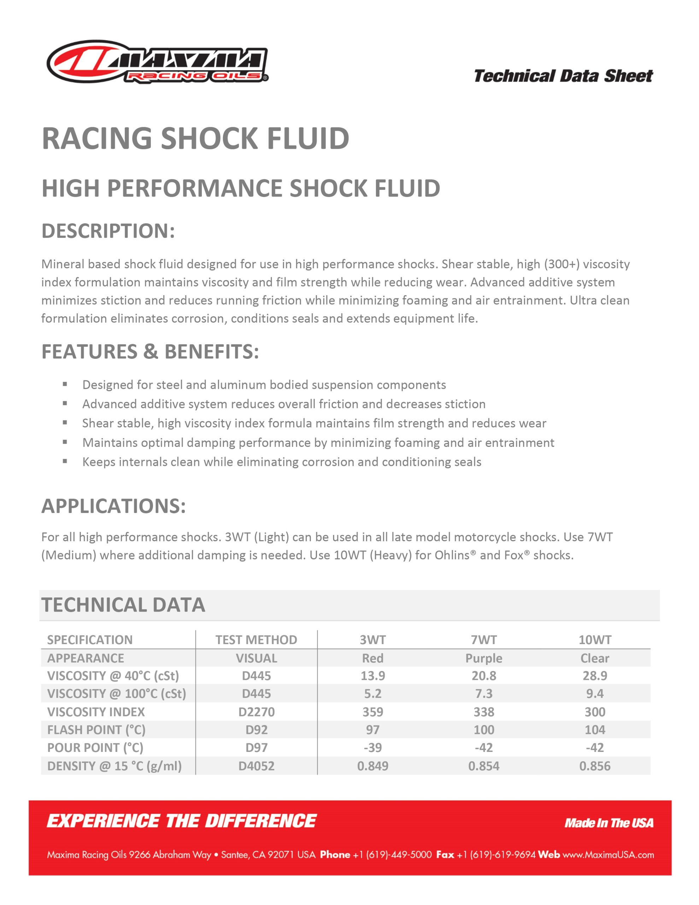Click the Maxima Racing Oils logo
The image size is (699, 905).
click(x=158, y=62)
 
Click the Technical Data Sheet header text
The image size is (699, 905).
click(x=563, y=76)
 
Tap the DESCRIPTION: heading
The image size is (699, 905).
click(x=108, y=231)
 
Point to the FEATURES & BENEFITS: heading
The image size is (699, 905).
click(x=150, y=351)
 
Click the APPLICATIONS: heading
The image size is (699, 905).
click(x=113, y=506)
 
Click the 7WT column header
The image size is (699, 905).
click(x=483, y=640)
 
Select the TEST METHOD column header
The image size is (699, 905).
click(x=256, y=640)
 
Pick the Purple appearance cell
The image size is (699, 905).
click(x=483, y=658)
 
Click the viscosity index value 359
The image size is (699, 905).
click(x=372, y=712)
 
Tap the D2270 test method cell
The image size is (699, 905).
click(x=256, y=712)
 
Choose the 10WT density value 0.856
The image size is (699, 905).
click(x=595, y=766)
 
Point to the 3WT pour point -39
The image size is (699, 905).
click(x=372, y=748)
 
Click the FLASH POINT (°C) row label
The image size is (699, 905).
click(x=96, y=730)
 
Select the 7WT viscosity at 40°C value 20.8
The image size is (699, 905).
click(x=483, y=676)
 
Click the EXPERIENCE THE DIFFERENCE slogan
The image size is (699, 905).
click(x=182, y=821)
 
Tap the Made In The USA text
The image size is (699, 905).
click(x=609, y=823)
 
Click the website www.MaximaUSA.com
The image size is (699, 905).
click(x=608, y=854)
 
